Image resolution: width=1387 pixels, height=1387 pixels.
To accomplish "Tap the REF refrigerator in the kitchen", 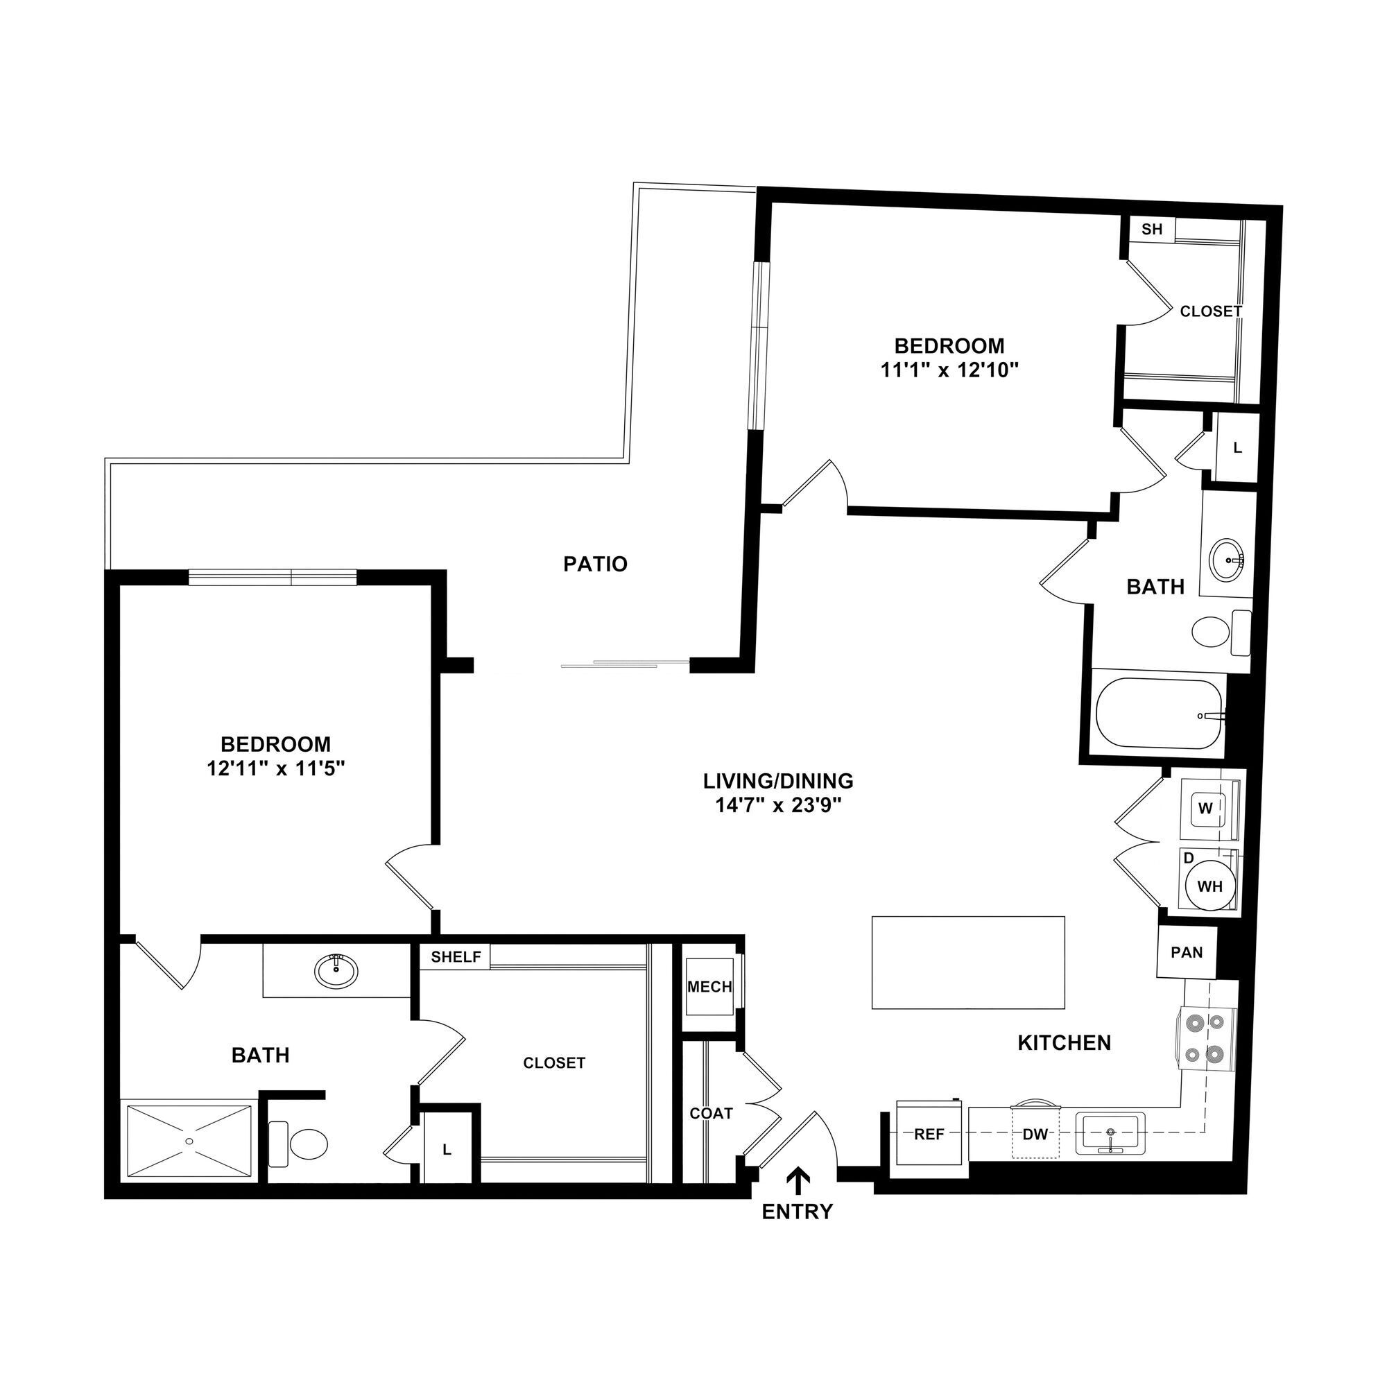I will [x=929, y=1135].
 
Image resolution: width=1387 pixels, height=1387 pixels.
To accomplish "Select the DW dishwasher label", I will [x=1035, y=1135].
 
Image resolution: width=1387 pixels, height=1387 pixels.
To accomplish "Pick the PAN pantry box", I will [x=1187, y=952].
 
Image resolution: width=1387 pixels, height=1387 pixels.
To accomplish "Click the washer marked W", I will [x=1205, y=809].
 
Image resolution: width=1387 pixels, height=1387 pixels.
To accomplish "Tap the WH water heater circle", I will [x=1209, y=886].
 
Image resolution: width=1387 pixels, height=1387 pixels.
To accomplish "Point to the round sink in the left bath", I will [x=335, y=972].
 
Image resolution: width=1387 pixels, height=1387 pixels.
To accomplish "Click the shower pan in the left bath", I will [x=189, y=1141].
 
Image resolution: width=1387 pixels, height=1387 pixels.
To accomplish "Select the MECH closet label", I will [x=709, y=987].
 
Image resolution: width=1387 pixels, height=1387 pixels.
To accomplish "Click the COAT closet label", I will [x=711, y=1114].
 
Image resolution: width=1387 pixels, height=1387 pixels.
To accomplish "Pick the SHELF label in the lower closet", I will [x=456, y=957].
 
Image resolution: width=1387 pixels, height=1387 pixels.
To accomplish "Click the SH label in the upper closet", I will [x=1151, y=229].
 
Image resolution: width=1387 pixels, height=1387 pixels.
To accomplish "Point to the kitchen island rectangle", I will [x=967, y=963].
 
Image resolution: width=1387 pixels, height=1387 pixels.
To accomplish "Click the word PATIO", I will [x=595, y=565].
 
